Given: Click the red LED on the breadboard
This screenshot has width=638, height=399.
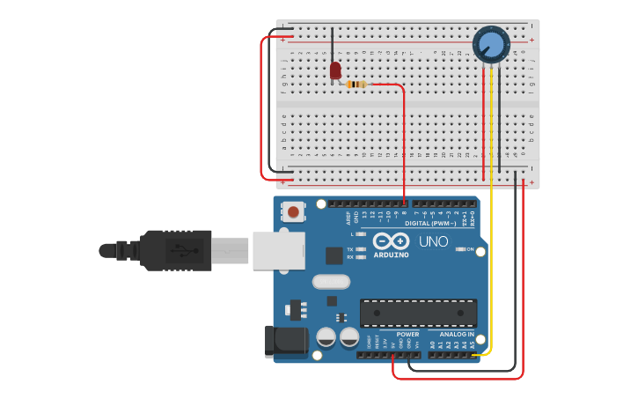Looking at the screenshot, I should coord(335,70).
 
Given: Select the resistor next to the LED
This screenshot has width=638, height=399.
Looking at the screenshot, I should coord(356,85).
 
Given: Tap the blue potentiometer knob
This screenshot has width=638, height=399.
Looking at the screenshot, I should coord(491,44).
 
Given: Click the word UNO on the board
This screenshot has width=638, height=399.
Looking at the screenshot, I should coord(433,241).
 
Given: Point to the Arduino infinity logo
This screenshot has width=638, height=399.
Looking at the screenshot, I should coord(391,241).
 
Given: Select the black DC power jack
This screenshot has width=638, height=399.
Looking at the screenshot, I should coord(285,342).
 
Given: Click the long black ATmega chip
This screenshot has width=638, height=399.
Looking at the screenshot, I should coord(418,313).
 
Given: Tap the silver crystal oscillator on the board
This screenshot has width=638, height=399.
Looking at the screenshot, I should coord(331,282).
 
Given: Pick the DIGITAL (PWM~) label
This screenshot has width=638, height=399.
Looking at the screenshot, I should coord(430,224).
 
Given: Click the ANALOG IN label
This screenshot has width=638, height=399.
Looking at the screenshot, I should coord(457,335).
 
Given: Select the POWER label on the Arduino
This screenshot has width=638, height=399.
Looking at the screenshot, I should coord(407,335).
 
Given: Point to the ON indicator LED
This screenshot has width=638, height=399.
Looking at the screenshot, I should coord(460,249).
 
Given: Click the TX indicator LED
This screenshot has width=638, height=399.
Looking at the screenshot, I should coord(361,249).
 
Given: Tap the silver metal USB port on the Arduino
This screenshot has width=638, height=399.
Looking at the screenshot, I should coord(278,250).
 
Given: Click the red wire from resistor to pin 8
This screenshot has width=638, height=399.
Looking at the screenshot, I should coord(404,141).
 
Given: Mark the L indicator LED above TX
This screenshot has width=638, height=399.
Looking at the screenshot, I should coord(361,234).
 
